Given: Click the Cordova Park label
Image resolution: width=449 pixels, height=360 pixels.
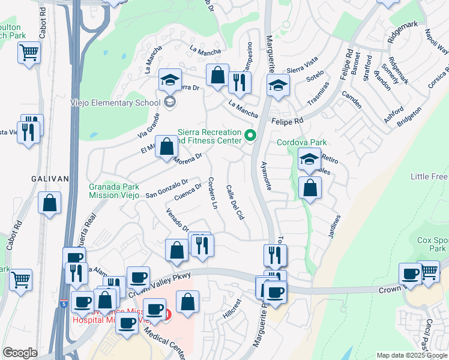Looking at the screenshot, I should click(x=302, y=142).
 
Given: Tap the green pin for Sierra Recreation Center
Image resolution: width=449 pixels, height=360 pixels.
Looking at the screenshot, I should click(x=251, y=135).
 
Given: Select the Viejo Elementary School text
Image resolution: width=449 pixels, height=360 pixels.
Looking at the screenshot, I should click(x=115, y=103).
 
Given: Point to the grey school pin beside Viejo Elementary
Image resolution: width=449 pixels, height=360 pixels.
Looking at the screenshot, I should click(x=169, y=102).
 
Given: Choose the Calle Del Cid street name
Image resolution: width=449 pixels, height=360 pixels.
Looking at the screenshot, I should click(x=234, y=202).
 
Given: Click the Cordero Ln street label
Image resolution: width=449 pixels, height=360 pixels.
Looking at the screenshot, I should click(x=212, y=193).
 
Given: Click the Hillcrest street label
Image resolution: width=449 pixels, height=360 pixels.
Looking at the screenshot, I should click(x=231, y=309).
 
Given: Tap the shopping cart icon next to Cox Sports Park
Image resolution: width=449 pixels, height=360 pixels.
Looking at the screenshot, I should click(x=430, y=271).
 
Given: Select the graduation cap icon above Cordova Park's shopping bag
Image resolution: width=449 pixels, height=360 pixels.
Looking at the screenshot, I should click(x=309, y=159).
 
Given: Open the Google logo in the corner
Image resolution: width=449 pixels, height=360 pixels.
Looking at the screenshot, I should click(x=20, y=353).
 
